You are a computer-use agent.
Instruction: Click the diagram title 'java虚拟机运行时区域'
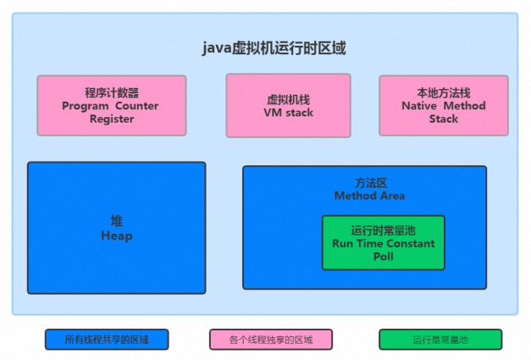(274, 47)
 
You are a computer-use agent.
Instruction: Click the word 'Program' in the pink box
(85, 107)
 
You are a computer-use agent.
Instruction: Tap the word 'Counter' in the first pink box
(137, 106)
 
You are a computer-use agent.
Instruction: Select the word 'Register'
(112, 119)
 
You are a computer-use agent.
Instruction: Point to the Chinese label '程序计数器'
(112, 92)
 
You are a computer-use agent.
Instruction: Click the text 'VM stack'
(289, 113)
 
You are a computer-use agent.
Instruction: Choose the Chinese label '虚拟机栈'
(289, 100)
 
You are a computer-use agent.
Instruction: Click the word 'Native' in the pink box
(419, 106)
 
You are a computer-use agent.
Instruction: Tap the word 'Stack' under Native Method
(444, 119)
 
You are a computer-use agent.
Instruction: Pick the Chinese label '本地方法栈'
(444, 92)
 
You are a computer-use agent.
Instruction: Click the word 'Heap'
(117, 235)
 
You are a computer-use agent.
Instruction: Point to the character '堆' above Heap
(117, 221)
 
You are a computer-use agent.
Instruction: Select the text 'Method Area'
(369, 196)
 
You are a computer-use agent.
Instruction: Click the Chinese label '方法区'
(371, 183)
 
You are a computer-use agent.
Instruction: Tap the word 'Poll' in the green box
(384, 257)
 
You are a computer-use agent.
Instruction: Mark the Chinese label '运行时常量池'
(384, 230)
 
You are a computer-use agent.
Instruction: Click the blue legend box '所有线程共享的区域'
(107, 340)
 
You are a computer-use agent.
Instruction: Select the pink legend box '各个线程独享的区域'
(271, 340)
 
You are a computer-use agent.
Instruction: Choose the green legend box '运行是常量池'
(440, 340)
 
